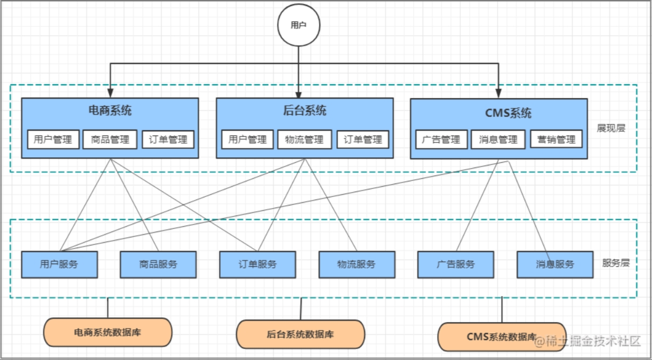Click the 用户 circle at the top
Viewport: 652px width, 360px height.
pyautogui.click(x=298, y=25)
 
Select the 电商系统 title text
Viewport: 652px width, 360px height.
pyautogui.click(x=110, y=111)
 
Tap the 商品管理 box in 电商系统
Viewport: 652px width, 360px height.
pyautogui.click(x=110, y=140)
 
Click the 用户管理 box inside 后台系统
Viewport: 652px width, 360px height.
pyautogui.click(x=248, y=140)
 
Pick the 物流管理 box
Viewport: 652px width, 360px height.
pyautogui.click(x=304, y=140)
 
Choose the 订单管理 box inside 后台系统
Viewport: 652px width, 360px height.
pyautogui.click(x=363, y=140)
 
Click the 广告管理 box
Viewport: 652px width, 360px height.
pyautogui.click(x=441, y=140)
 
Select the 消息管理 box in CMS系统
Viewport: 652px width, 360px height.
pyautogui.click(x=498, y=140)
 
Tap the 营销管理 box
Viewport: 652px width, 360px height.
pyautogui.click(x=556, y=140)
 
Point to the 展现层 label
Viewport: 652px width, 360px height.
pyautogui.click(x=611, y=128)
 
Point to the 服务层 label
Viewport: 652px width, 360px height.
pyautogui.click(x=616, y=263)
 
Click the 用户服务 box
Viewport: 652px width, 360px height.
pyautogui.click(x=59, y=265)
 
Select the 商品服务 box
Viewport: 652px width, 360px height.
pyautogui.click(x=158, y=265)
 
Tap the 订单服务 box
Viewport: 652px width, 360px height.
pyautogui.click(x=257, y=265)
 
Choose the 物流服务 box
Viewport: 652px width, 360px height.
pyautogui.click(x=356, y=265)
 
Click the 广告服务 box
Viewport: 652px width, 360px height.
pyautogui.click(x=456, y=265)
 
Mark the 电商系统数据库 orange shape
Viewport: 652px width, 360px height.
pyautogui.click(x=107, y=332)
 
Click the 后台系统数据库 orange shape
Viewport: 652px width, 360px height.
pyautogui.click(x=300, y=335)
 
